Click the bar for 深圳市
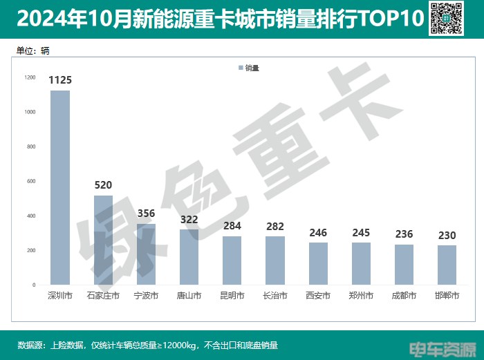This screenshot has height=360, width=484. (60, 187)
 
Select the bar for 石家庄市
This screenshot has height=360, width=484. (103, 240)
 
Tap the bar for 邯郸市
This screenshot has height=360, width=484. (447, 265)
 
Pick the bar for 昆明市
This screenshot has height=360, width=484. (232, 260)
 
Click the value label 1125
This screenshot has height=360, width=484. (60, 80)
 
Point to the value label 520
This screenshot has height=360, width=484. (103, 185)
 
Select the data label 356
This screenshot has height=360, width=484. (146, 214)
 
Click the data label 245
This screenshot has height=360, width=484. (361, 233)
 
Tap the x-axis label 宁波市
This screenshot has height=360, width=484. (146, 296)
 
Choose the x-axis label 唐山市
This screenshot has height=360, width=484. (189, 296)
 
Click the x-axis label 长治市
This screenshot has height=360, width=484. (275, 296)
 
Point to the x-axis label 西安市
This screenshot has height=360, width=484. (318, 296)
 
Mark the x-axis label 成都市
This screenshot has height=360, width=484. (404, 296)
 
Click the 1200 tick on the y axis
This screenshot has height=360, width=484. (30, 77)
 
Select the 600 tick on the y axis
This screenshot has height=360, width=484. (31, 181)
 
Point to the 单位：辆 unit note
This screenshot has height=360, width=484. (32, 50)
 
